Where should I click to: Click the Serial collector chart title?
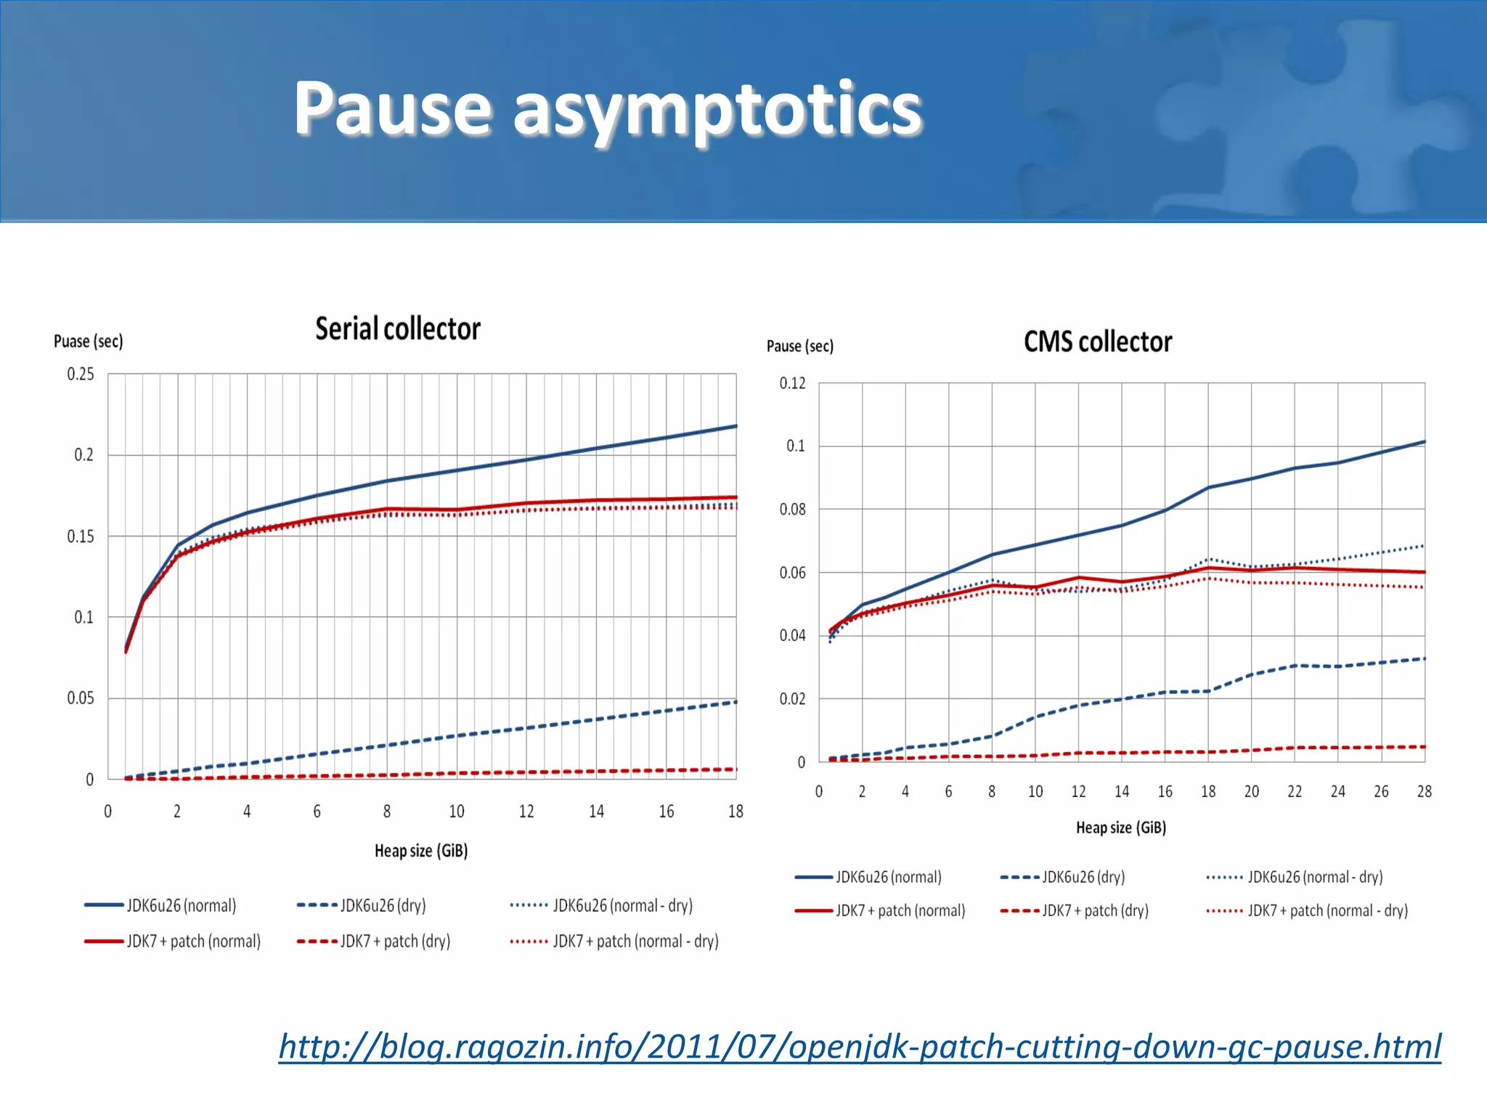397,329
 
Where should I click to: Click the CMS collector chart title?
1097,342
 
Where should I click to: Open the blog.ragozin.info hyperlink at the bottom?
860,1047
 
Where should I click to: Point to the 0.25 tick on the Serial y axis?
81,374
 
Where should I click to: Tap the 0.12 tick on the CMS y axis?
792,383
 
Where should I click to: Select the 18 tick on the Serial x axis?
736,812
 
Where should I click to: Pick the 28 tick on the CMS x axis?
1424,791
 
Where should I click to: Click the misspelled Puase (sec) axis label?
88,341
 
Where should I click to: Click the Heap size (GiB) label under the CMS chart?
1120,828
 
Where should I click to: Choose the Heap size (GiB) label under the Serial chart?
420,851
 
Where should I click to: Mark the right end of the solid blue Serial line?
736,426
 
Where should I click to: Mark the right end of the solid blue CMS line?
1424,441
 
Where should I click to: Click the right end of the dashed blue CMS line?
1424,659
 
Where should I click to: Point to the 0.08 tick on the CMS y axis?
792,510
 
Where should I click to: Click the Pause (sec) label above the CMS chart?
799,346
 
